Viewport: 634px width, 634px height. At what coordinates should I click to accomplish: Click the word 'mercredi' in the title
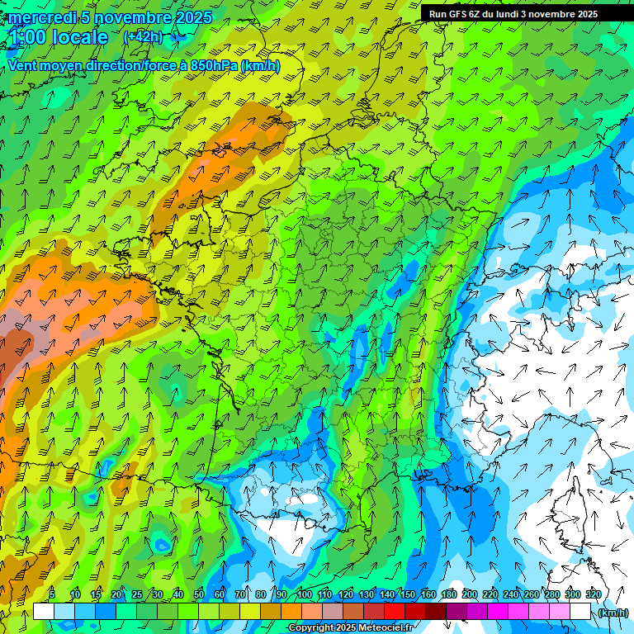click(40, 17)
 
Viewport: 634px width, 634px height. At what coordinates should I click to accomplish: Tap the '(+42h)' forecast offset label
click(143, 36)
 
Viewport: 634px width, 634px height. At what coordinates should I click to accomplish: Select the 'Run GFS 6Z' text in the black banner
click(453, 14)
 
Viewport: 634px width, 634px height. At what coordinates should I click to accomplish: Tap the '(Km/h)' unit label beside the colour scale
click(613, 612)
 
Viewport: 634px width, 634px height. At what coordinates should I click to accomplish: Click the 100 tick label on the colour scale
click(305, 594)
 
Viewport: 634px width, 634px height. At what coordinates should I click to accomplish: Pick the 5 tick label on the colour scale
click(52, 594)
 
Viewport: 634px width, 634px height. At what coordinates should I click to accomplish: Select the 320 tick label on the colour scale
click(593, 594)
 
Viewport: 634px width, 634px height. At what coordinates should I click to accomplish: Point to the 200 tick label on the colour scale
click(470, 594)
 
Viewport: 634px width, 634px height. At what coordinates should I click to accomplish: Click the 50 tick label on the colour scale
click(199, 594)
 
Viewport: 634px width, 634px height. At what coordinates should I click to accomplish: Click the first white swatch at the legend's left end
click(44, 611)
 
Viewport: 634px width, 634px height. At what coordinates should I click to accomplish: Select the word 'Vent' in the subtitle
click(23, 65)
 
